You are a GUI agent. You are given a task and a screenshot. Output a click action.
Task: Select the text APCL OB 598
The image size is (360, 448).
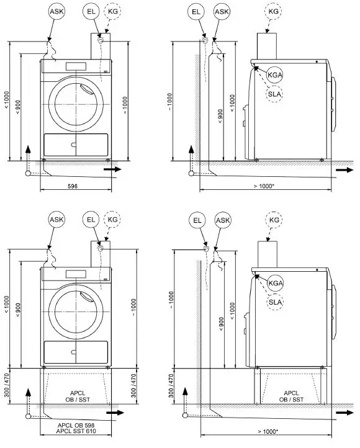tap(76, 425)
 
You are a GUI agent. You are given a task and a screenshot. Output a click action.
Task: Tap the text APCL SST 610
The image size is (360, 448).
tap(76, 431)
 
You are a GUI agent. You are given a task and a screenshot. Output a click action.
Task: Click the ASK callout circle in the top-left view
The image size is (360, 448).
tap(56, 12)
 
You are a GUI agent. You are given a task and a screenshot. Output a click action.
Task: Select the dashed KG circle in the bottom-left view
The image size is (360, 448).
tap(112, 220)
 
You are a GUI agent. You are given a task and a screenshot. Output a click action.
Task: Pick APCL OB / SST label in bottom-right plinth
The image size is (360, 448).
tap(294, 396)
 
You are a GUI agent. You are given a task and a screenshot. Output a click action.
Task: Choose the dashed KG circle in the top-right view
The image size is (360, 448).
tap(273, 12)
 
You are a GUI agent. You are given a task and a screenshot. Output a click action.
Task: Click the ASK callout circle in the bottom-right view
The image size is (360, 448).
tap(222, 220)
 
